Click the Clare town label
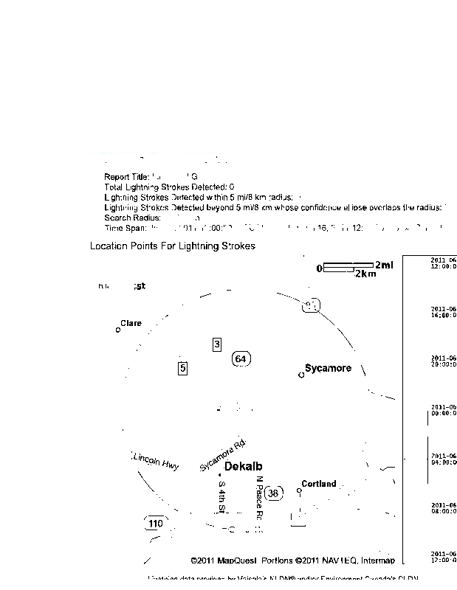tap(131, 323)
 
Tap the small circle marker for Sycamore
tap(300, 375)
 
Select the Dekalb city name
tap(243, 466)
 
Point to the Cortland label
tap(318, 484)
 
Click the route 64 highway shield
tap(241, 358)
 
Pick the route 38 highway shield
tap(273, 493)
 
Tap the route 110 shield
tap(155, 524)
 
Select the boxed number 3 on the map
tap(217, 344)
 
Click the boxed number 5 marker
tap(183, 367)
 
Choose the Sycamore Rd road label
tap(222, 456)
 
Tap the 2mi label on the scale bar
tap(384, 265)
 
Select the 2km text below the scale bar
tap(365, 274)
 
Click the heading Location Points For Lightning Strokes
tap(172, 246)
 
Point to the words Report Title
tap(126, 177)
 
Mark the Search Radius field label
tap(129, 218)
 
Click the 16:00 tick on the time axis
tap(443, 311)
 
